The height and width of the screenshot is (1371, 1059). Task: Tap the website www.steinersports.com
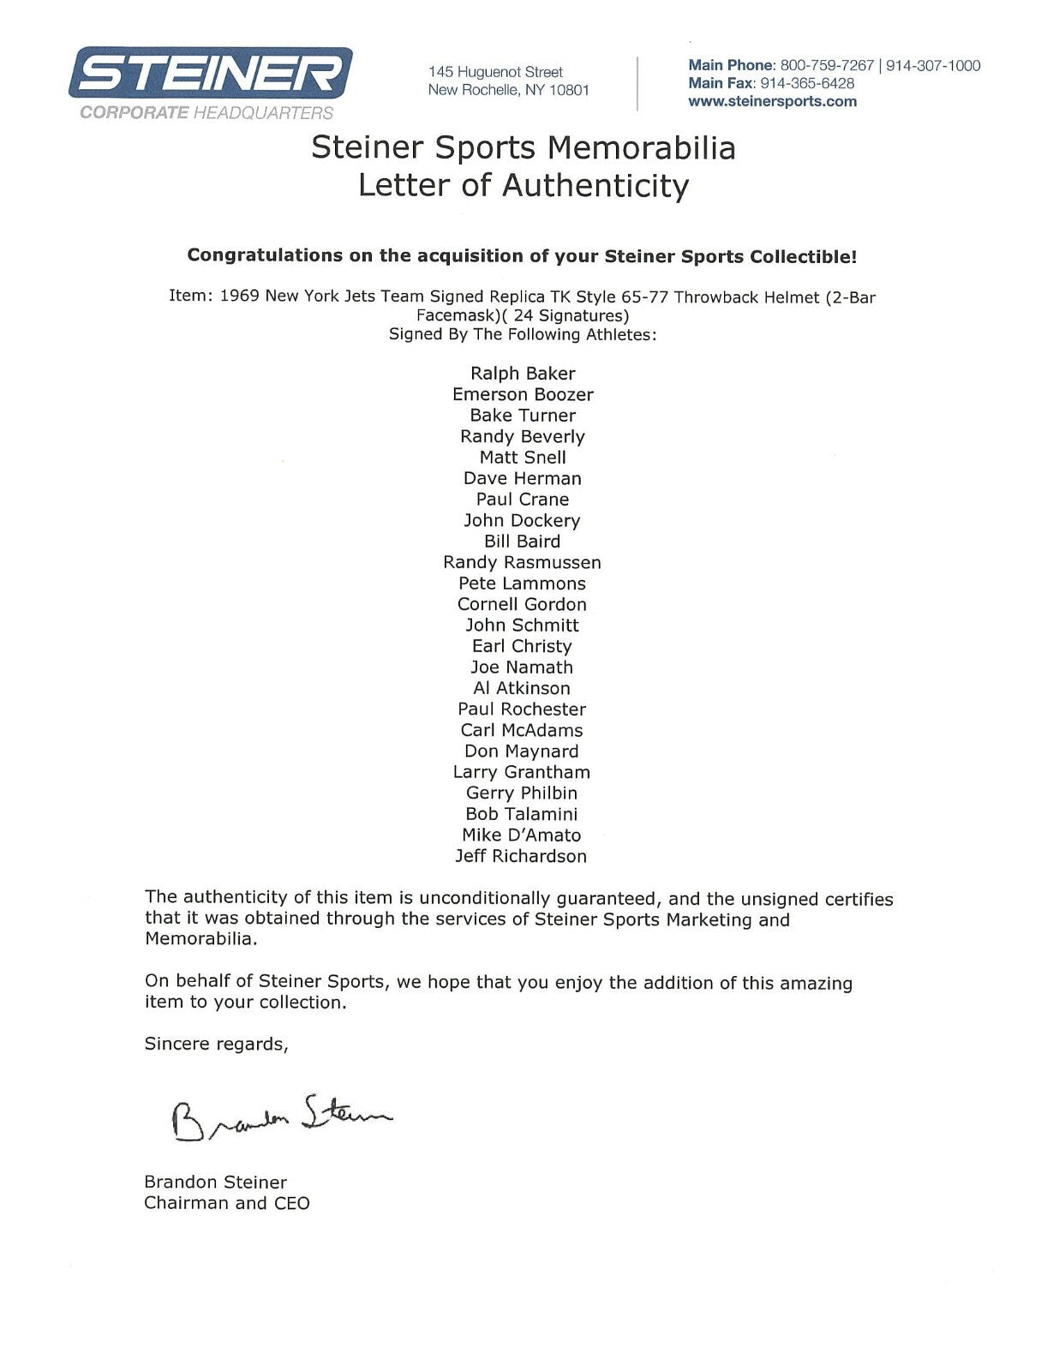pyautogui.click(x=772, y=101)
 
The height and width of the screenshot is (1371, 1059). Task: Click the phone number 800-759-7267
pyautogui.click(x=827, y=65)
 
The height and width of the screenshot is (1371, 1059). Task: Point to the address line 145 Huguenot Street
pyautogui.click(x=496, y=72)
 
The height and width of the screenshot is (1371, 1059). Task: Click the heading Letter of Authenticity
pyautogui.click(x=523, y=185)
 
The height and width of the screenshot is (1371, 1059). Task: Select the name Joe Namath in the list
pyautogui.click(x=522, y=667)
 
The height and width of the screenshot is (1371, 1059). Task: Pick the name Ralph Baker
pyautogui.click(x=523, y=373)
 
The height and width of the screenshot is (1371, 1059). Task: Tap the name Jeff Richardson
pyautogui.click(x=522, y=856)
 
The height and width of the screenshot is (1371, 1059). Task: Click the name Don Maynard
pyautogui.click(x=522, y=751)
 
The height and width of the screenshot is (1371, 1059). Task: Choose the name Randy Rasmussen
pyautogui.click(x=522, y=562)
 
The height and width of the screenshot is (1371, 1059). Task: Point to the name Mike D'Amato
pyautogui.click(x=522, y=835)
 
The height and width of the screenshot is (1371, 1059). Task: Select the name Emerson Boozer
pyautogui.click(x=523, y=394)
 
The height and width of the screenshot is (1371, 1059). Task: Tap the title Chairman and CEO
pyautogui.click(x=227, y=1203)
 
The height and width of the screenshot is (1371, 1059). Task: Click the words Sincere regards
pyautogui.click(x=216, y=1044)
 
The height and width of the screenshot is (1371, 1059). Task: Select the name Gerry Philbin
pyautogui.click(x=522, y=793)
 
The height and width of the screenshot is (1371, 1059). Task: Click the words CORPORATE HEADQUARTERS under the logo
pyautogui.click(x=206, y=112)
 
